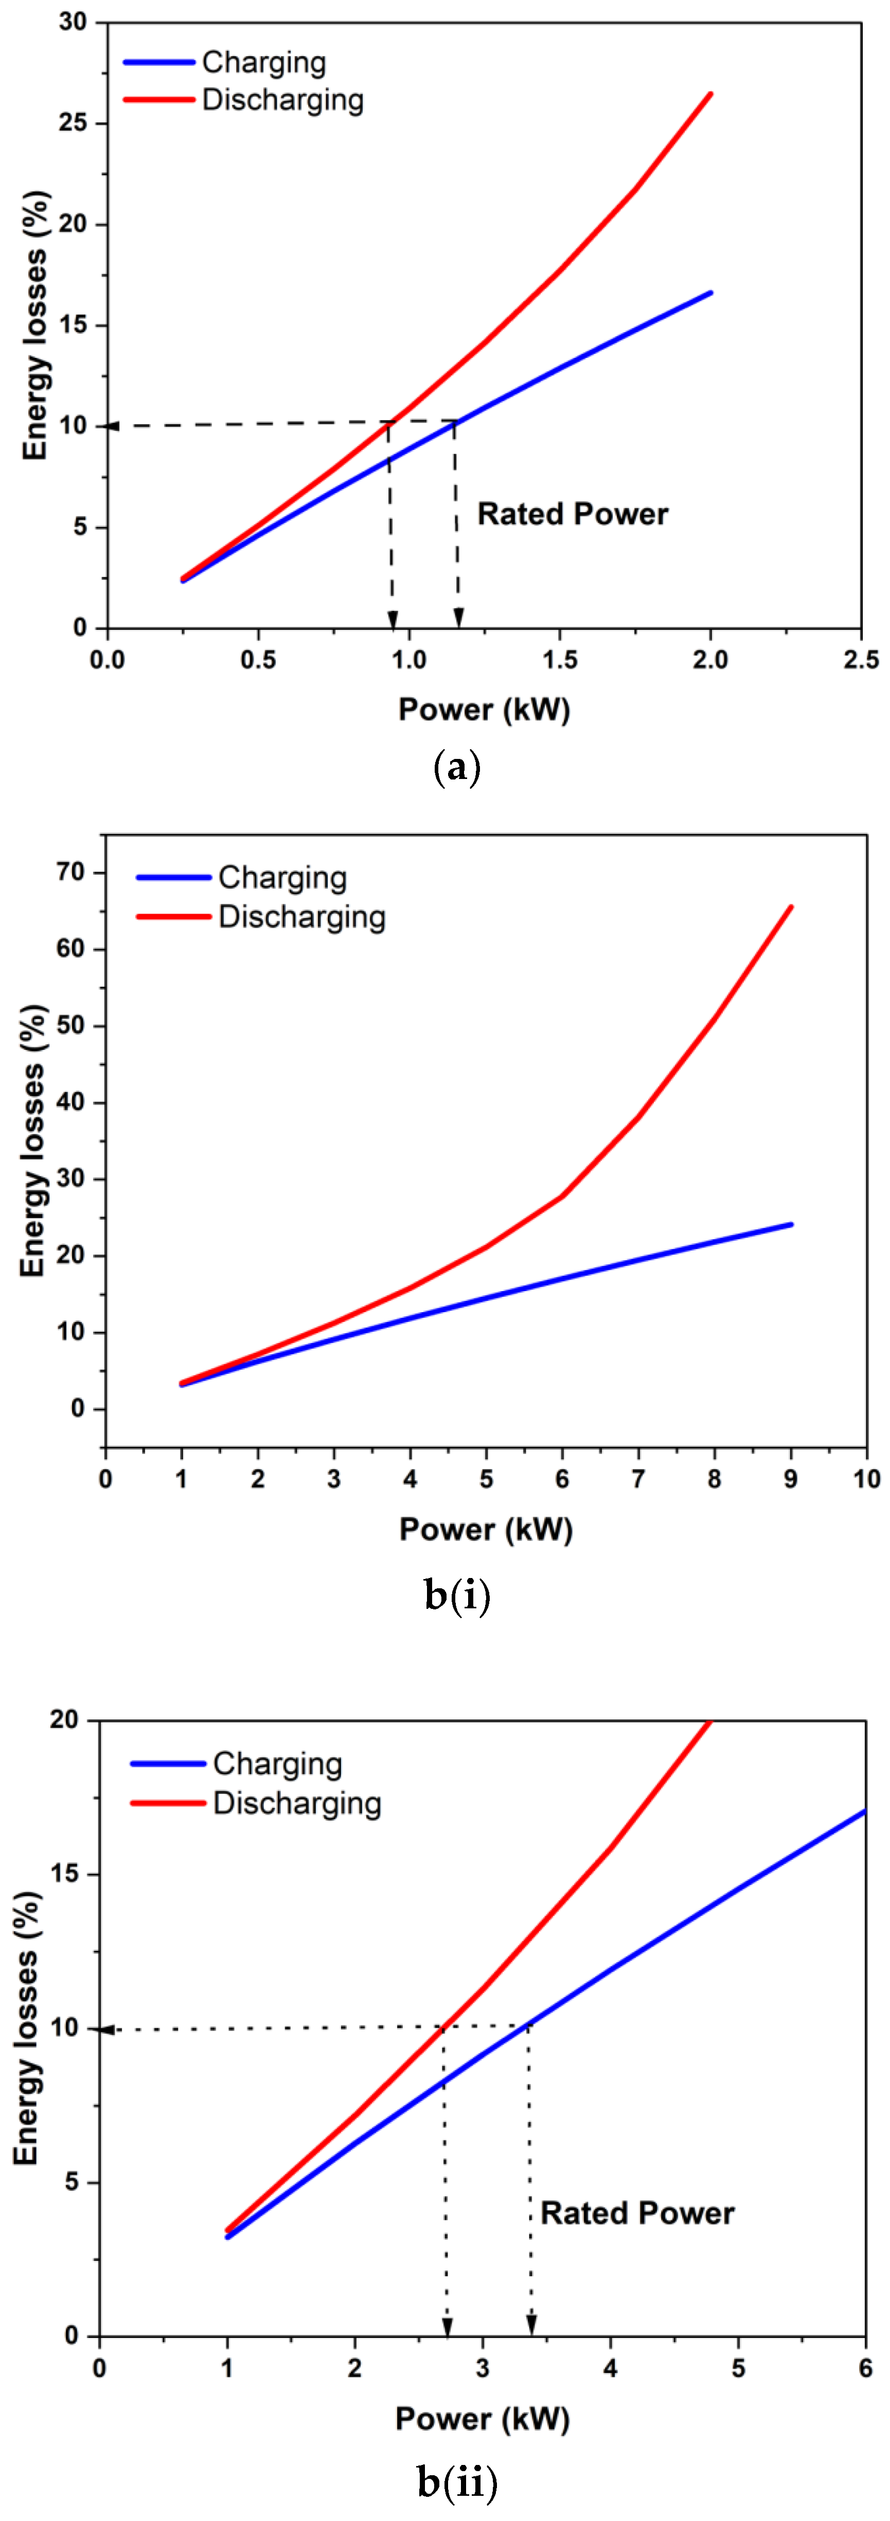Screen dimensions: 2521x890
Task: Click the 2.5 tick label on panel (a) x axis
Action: [x=861, y=660]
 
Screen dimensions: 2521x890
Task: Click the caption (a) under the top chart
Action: [x=456, y=767]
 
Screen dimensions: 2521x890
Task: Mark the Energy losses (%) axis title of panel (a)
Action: [x=35, y=325]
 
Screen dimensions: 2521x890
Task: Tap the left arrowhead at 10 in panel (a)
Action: [x=113, y=426]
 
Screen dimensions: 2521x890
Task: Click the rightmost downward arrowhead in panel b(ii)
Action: [x=531, y=2324]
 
